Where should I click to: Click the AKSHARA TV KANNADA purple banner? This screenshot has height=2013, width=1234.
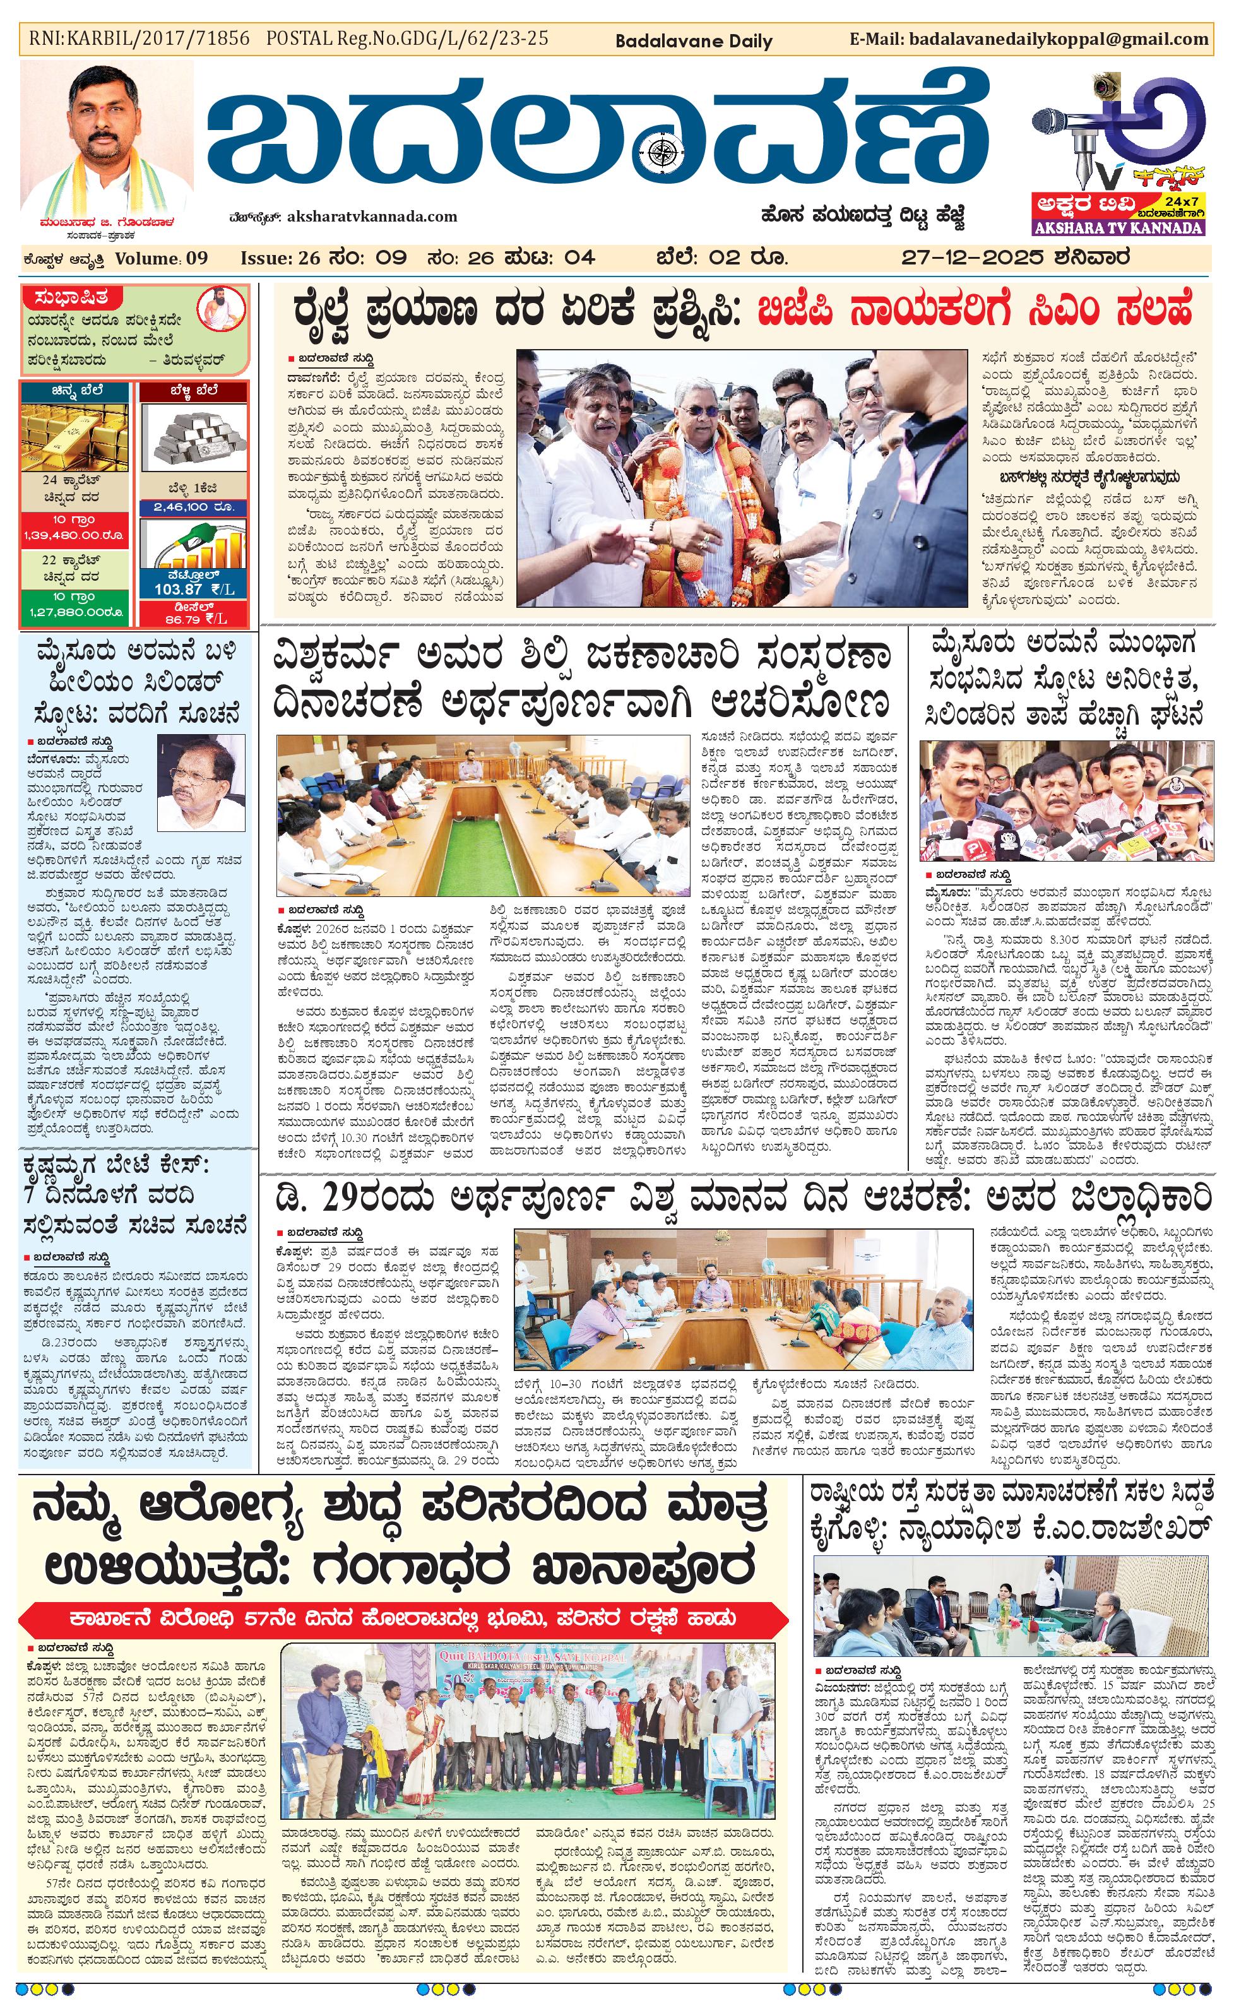click(x=1118, y=228)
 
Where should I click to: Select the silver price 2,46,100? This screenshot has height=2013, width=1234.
click(x=194, y=508)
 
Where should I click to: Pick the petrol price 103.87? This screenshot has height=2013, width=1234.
click(x=194, y=589)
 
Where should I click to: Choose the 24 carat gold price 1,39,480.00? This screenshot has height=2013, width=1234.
click(x=73, y=535)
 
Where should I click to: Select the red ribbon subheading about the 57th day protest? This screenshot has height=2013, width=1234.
click(x=403, y=1618)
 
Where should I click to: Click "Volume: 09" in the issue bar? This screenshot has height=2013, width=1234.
click(x=162, y=259)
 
